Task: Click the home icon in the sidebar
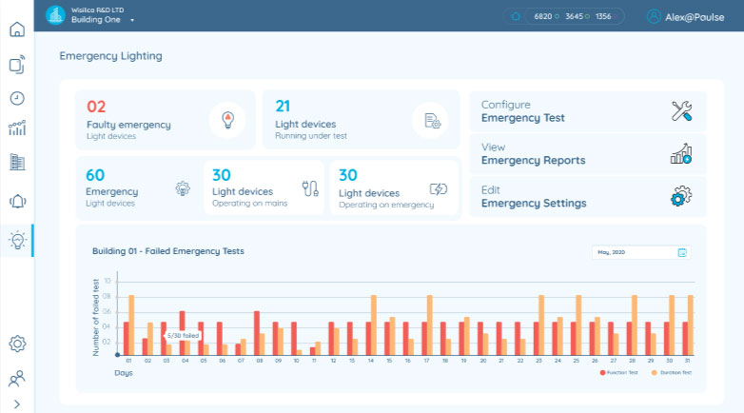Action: pyautogui.click(x=16, y=29)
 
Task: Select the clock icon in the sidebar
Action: pyautogui.click(x=16, y=97)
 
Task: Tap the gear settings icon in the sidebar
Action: pyautogui.click(x=16, y=344)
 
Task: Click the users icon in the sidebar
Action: pyautogui.click(x=16, y=379)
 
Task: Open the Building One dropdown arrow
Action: pyautogui.click(x=132, y=20)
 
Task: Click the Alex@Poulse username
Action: pyautogui.click(x=695, y=16)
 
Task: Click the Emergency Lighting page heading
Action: pyautogui.click(x=110, y=56)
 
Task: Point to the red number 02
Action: pyautogui.click(x=96, y=107)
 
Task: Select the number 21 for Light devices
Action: pyautogui.click(x=283, y=107)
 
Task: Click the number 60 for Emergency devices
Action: pyautogui.click(x=95, y=175)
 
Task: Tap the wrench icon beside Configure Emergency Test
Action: pyautogui.click(x=681, y=111)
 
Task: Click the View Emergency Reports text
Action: pyautogui.click(x=533, y=154)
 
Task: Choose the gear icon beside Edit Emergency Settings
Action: pyautogui.click(x=681, y=197)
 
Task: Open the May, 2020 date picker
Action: pyautogui.click(x=640, y=252)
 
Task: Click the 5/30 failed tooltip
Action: pyautogui.click(x=183, y=335)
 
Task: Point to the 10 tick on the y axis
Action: pyautogui.click(x=108, y=281)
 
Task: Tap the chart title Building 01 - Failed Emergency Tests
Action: pyautogui.click(x=168, y=251)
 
